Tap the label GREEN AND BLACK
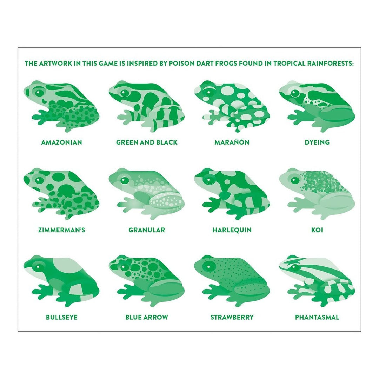coord(147,142)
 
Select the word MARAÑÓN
coord(232,142)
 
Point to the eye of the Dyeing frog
coord(295,93)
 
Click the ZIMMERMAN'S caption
coord(61,230)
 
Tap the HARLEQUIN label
coord(232,230)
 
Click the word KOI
coord(317,230)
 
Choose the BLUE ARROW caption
coord(147,317)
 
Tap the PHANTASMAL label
coord(317,317)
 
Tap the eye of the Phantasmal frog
coord(294,267)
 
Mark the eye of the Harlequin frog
coord(210,180)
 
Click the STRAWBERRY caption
coord(232,317)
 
